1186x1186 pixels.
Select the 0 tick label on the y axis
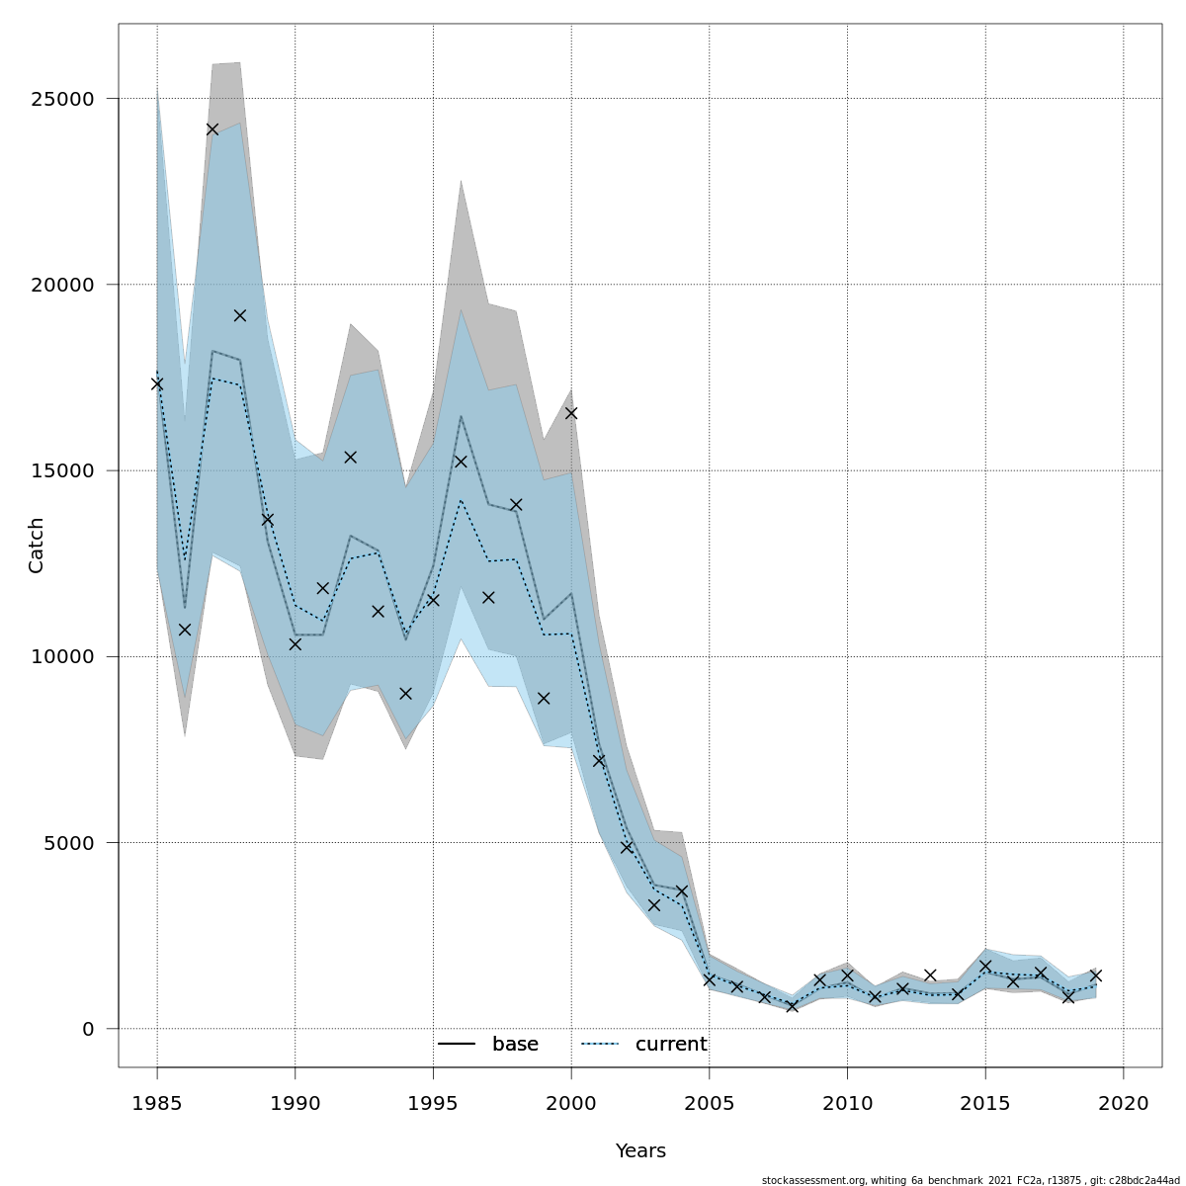pos(88,1029)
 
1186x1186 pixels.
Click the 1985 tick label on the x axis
pos(157,1103)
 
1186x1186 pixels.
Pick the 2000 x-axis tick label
pos(571,1103)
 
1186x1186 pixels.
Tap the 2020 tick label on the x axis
pos(1124,1103)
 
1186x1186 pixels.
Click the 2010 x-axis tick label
pos(847,1103)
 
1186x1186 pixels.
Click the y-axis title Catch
pos(37,545)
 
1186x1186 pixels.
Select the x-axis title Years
pos(640,1151)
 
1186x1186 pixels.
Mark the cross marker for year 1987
pos(212,129)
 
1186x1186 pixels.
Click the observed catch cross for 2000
pos(571,413)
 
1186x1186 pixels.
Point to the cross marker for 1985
pos(157,383)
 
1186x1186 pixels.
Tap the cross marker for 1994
pos(405,694)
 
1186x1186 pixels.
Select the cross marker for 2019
pos(1096,975)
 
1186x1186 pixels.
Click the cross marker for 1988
pos(240,315)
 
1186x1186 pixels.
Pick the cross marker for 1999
pos(544,698)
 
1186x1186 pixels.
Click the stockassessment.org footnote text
pos(971,1180)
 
